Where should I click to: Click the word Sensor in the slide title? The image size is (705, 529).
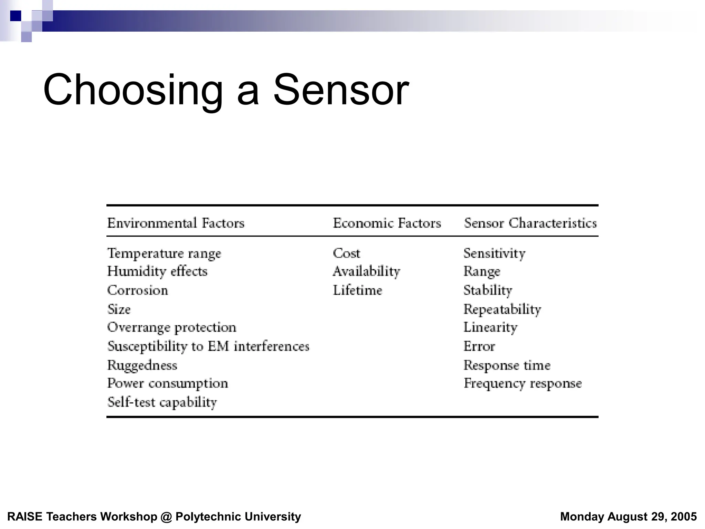(341, 90)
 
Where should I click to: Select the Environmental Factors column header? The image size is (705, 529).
(176, 223)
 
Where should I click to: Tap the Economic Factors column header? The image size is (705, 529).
(387, 223)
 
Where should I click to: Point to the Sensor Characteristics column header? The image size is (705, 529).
(530, 223)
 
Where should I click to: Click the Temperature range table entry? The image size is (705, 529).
(164, 253)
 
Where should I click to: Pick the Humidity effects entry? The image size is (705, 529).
(157, 271)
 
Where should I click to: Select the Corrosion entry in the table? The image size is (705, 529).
(138, 290)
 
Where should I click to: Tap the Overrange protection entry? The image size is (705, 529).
(172, 328)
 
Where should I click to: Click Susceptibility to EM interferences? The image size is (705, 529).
(208, 346)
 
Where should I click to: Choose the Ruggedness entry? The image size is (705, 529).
(142, 365)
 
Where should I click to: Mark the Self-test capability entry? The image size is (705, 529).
(162, 402)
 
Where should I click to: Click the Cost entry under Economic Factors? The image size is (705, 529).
(346, 253)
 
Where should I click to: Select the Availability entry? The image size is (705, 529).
(366, 271)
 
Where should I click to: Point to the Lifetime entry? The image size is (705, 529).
(357, 290)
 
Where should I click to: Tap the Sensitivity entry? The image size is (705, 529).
(494, 253)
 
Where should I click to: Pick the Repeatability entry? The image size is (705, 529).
(502, 309)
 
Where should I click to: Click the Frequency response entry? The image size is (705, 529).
(523, 384)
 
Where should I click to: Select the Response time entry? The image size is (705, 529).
(507, 365)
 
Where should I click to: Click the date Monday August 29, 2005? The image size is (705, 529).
(628, 517)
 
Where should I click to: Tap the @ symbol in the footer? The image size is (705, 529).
(166, 517)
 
